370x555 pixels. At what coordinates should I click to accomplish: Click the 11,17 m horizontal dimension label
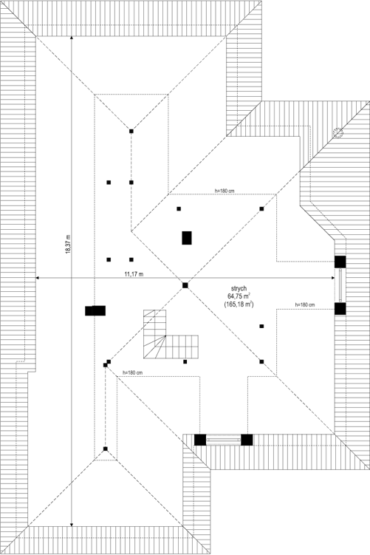pyautogui.click(x=134, y=274)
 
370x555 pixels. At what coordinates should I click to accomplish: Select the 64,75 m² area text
pyautogui.click(x=239, y=296)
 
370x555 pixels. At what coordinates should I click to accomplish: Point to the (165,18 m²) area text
pyautogui.click(x=239, y=304)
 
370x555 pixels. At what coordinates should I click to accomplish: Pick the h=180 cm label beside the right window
pyautogui.click(x=304, y=304)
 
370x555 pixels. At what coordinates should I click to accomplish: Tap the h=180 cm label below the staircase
pyautogui.click(x=132, y=372)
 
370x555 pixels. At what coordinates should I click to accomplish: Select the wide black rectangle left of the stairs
pyautogui.click(x=95, y=311)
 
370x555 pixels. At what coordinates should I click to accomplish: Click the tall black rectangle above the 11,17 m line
pyautogui.click(x=187, y=238)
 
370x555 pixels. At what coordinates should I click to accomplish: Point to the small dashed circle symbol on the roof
pyautogui.click(x=338, y=133)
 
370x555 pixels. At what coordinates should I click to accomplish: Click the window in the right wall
pyautogui.click(x=340, y=285)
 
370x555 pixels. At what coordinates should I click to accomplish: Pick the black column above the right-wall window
pyautogui.click(x=340, y=262)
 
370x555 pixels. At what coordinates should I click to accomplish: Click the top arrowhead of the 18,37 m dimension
pyautogui.click(x=71, y=35)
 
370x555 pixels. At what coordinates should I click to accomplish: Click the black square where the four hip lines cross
pyautogui.click(x=185, y=285)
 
